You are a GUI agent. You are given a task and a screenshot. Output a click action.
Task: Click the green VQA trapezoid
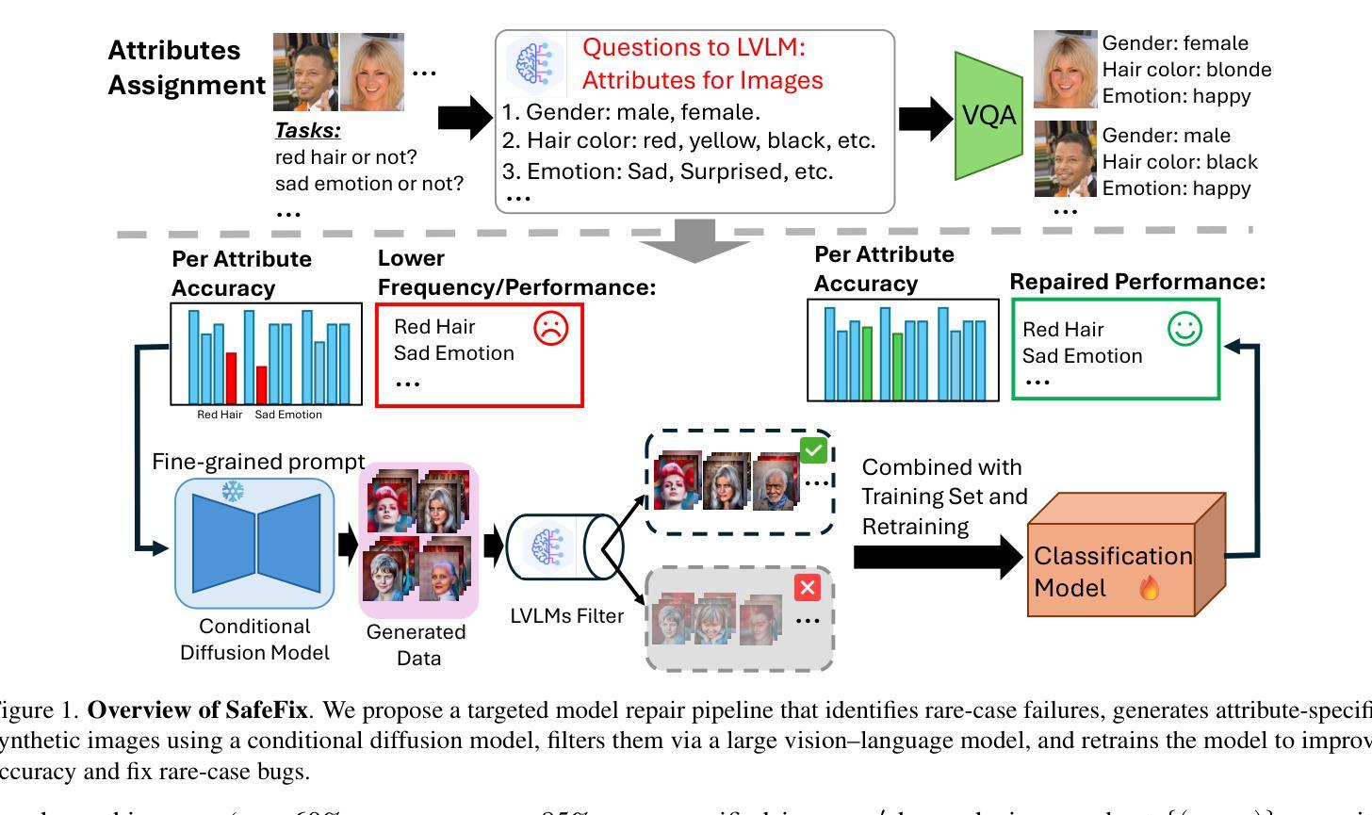click(x=988, y=116)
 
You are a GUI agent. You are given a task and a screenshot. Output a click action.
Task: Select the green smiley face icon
click(x=1184, y=330)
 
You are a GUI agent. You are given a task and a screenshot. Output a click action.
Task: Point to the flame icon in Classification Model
click(x=1150, y=589)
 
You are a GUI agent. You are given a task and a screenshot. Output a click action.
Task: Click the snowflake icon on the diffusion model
click(x=233, y=491)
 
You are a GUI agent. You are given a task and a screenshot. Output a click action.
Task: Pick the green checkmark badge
click(x=813, y=450)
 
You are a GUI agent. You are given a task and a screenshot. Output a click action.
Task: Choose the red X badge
click(x=808, y=588)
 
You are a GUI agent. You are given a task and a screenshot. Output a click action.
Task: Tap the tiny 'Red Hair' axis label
click(x=220, y=415)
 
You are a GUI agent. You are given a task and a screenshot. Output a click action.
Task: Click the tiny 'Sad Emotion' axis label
click(x=288, y=415)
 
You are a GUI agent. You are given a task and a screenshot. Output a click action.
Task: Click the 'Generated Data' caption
click(x=416, y=644)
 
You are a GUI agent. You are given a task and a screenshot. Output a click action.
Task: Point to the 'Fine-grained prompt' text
click(x=258, y=462)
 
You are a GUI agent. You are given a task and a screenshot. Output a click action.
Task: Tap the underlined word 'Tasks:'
click(x=307, y=131)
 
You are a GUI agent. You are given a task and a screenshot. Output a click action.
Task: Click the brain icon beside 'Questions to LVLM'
click(x=534, y=63)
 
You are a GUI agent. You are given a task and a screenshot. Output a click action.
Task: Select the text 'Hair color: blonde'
click(x=1186, y=70)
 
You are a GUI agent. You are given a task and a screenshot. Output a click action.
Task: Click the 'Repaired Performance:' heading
click(x=1137, y=282)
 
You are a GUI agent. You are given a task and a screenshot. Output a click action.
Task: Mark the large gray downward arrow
click(x=694, y=242)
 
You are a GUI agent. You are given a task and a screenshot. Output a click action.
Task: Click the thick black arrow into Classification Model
click(x=938, y=558)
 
